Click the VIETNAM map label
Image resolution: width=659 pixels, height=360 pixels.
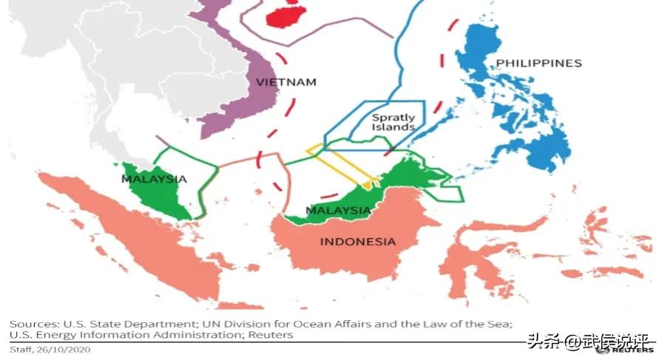coord(285,81)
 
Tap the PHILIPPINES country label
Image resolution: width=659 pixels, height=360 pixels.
coord(538,63)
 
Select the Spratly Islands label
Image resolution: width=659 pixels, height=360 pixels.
coord(393,122)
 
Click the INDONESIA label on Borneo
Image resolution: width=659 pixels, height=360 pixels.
coord(357,241)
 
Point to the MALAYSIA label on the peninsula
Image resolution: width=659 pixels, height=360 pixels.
coord(153,179)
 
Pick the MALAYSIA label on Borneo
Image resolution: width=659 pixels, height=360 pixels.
coord(338,211)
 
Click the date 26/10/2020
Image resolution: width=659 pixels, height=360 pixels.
coord(64,350)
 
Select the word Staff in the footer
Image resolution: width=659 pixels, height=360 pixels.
coord(20,350)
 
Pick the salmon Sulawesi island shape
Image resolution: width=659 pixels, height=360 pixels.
coord(481,259)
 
